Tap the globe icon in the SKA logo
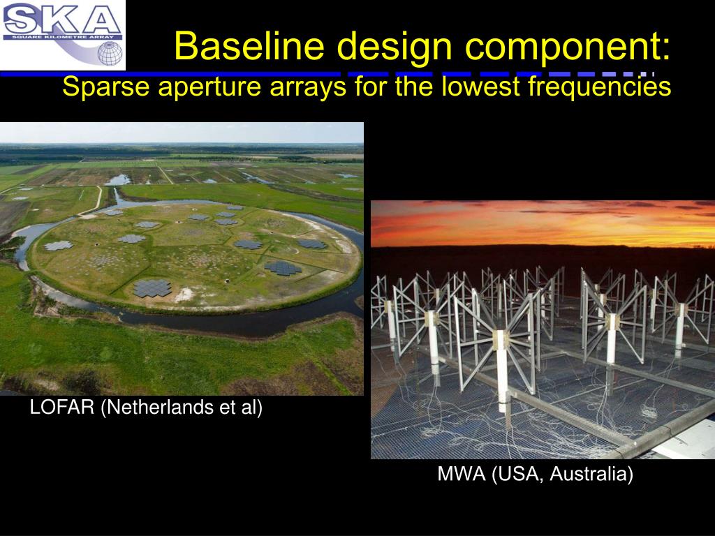[x=110, y=54]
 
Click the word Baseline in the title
[x=249, y=45]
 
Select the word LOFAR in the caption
[x=62, y=407]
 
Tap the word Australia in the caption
[x=591, y=475]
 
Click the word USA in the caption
[x=517, y=475]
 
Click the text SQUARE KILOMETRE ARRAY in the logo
[x=62, y=37]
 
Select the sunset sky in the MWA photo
[x=543, y=223]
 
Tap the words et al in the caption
[x=241, y=408]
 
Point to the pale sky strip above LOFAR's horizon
[x=182, y=133]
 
